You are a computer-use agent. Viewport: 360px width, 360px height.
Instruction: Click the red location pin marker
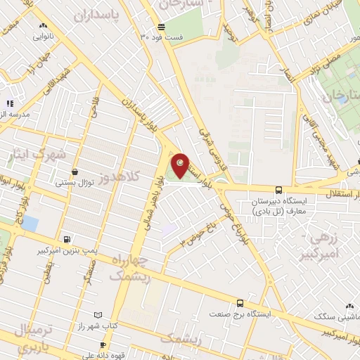181,165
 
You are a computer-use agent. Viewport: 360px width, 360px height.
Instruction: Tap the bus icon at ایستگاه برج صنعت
240,304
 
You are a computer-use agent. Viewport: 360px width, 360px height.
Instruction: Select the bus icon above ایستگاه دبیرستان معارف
278,190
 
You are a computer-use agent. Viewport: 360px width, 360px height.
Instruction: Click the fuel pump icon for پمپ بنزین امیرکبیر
67,239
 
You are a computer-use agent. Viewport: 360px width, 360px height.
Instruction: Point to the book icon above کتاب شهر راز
98,316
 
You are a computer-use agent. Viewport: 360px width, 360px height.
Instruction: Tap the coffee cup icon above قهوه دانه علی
103,345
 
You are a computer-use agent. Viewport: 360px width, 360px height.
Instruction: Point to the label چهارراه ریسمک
128,266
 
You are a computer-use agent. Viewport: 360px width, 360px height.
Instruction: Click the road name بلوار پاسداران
140,116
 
